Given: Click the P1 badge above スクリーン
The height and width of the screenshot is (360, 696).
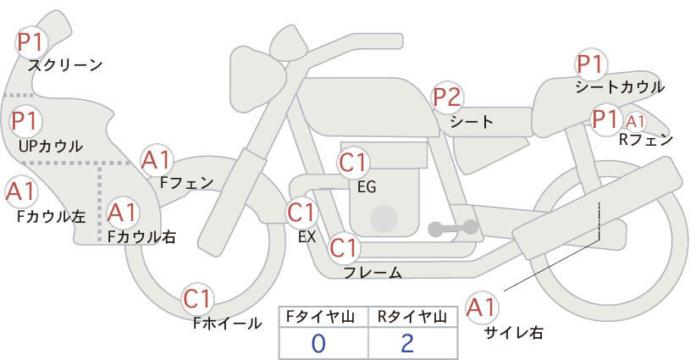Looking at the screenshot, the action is coord(30,42).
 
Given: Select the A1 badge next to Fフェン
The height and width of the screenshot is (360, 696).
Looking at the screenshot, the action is coord(156,160).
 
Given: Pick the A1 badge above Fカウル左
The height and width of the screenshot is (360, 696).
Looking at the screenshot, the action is coord(20,191).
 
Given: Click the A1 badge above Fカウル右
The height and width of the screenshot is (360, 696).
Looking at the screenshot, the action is coord(122,212).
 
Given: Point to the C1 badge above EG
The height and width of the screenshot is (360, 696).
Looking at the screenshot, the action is coord(353,163).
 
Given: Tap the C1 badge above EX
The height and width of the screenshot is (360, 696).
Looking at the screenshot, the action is coord(302,213).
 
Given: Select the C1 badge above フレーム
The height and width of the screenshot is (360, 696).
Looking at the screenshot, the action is coord(344,247).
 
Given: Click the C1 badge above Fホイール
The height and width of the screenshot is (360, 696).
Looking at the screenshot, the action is coord(196,299).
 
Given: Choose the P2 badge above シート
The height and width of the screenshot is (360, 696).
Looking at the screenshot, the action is coord(447,97).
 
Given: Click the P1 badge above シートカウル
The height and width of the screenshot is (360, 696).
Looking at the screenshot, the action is coord(590,64).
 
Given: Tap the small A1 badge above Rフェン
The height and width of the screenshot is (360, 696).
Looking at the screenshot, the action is coord(635,121).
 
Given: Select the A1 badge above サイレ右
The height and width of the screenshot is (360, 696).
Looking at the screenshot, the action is coord(482,307).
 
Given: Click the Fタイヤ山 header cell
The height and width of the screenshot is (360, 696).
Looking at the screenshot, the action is coord(323,317).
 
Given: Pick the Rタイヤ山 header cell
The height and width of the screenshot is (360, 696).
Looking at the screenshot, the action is coord(413,317).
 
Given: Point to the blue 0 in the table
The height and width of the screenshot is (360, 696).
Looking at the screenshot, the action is coord(318,344).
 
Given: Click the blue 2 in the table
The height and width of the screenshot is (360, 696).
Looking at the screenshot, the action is coord(407,344).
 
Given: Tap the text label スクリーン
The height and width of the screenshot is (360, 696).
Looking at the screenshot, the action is coord(65,66).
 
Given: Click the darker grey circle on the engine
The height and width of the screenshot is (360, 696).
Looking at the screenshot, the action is coord(384,219).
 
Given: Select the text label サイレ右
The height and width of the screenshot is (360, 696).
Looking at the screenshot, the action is coord(513,332).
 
